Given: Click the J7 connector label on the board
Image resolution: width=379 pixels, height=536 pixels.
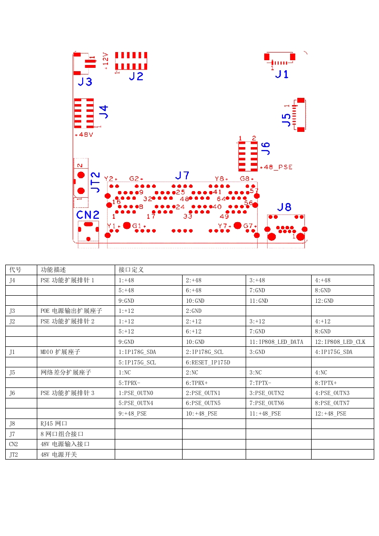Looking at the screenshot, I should point(182,175).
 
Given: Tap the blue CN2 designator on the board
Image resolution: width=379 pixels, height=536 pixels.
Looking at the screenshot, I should point(88,214).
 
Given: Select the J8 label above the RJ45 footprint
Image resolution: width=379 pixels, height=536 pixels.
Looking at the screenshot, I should point(284,207).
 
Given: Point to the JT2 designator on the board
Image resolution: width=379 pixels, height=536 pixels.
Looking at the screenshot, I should point(96,182).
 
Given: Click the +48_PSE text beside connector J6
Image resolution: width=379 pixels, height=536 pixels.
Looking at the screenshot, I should point(276,167).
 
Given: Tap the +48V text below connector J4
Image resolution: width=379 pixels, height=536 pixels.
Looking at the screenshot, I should point(84,135).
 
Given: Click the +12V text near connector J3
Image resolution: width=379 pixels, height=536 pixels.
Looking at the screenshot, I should point(106,60).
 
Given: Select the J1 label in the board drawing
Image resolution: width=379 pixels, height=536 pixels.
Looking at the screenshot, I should point(282,74).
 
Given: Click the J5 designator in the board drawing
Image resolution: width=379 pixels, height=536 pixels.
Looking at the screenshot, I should point(286,119).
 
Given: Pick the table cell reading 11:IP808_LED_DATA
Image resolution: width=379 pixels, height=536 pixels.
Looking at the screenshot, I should point(276,342).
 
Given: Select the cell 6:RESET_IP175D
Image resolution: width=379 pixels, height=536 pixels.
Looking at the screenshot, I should point(208,363).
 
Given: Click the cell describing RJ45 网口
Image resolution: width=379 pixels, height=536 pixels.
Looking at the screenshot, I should point(54,424).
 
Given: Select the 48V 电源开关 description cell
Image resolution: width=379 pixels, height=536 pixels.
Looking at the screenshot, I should point(58,454).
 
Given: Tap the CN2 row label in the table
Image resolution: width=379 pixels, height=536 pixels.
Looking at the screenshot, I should point(14,444).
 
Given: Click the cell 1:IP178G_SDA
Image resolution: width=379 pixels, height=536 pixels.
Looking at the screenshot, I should point(137,352).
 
